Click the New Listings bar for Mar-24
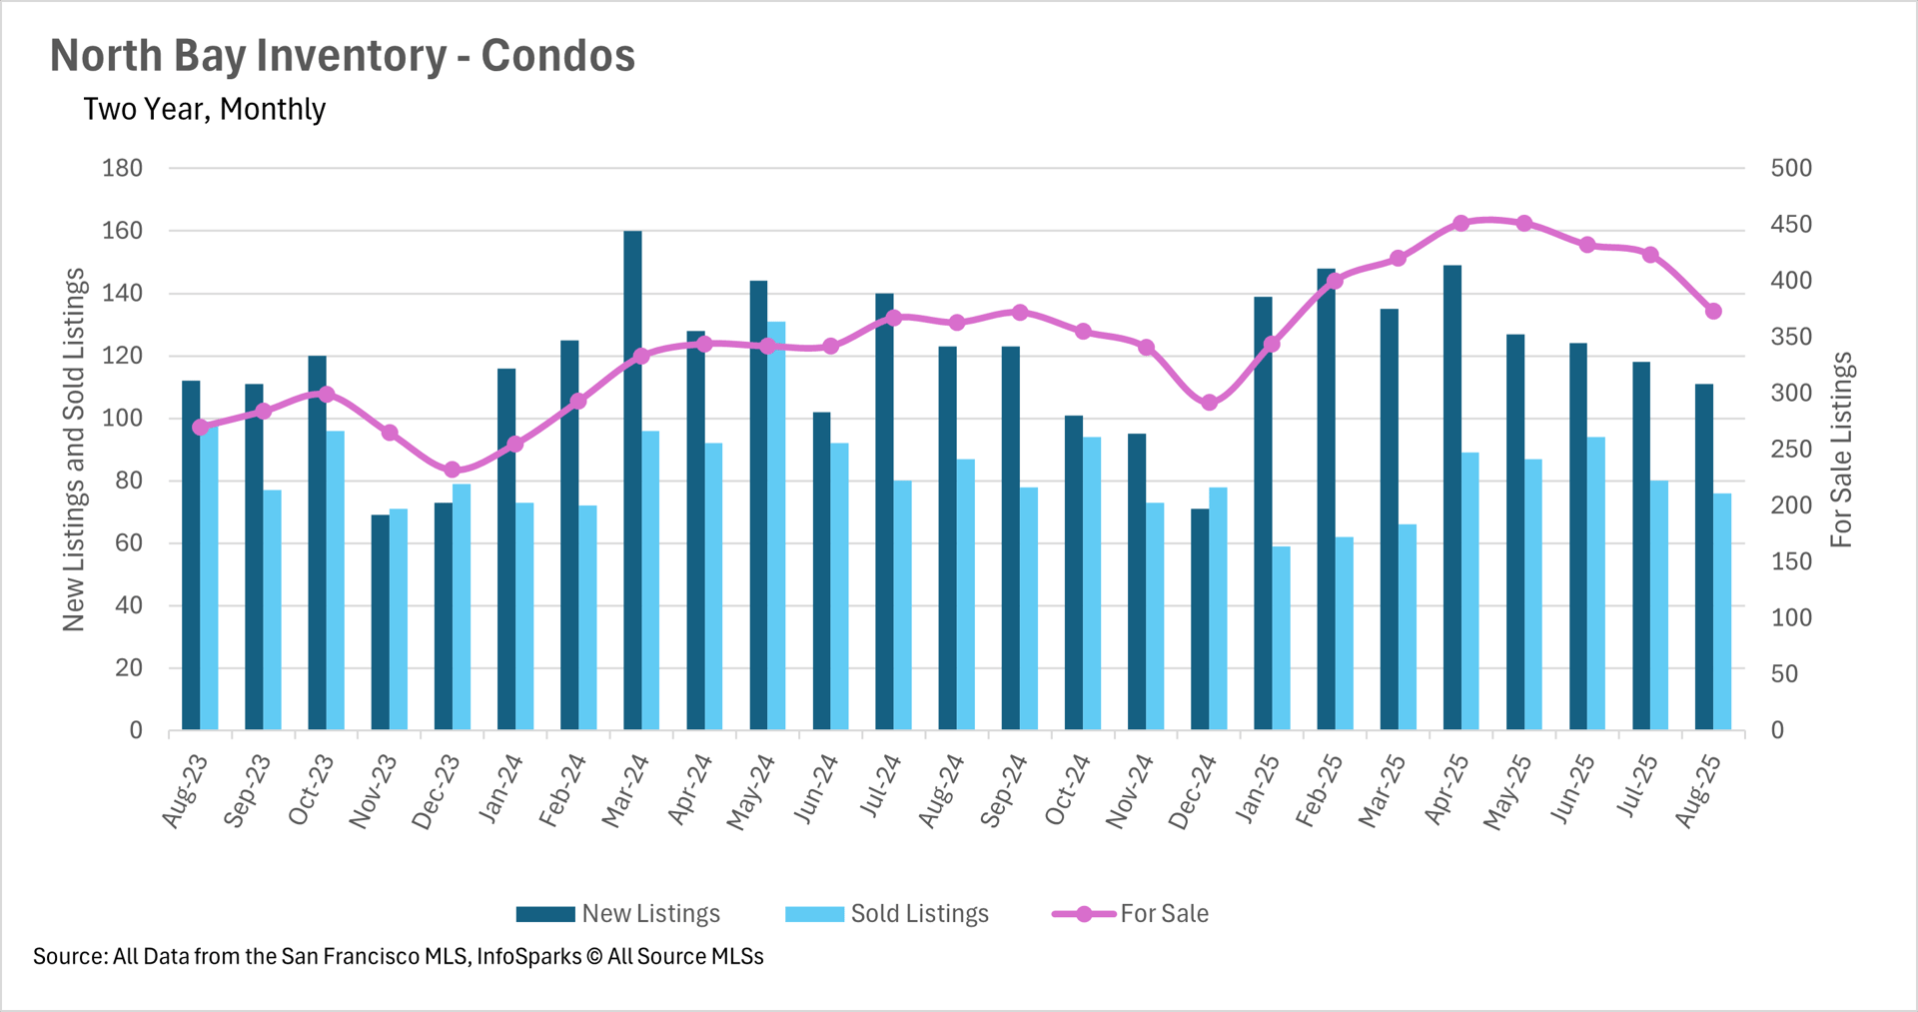point(632,480)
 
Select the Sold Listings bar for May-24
point(776,524)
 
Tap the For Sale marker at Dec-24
point(1210,403)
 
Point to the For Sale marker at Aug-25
point(1713,312)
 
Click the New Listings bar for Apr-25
point(1452,497)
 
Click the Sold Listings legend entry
point(886,914)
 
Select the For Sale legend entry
point(1130,914)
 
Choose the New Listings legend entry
point(618,914)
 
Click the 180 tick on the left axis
point(123,168)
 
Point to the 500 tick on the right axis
point(1791,168)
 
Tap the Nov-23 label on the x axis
point(374,792)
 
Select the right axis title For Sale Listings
point(1841,450)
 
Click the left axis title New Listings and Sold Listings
point(75,450)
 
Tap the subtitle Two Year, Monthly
point(205,109)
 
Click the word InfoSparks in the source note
point(528,956)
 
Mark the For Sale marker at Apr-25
point(1461,223)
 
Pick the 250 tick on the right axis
point(1791,450)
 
